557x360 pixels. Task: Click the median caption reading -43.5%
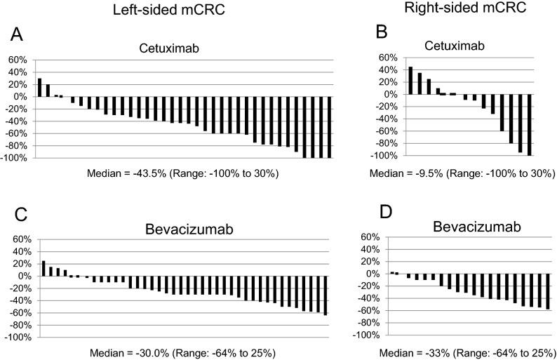(183, 173)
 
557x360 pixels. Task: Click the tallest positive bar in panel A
(39, 87)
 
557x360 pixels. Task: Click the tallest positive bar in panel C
(43, 268)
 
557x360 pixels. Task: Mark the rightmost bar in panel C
(326, 295)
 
